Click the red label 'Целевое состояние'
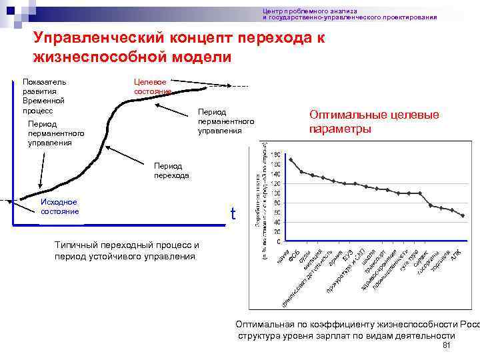153,86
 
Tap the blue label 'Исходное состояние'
59,207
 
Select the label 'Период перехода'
171,171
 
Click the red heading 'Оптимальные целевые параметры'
373,122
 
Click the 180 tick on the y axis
275,155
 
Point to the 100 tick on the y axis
275,193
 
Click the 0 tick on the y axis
278,241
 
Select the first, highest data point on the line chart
291,159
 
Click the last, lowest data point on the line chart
462,215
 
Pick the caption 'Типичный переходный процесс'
127,245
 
